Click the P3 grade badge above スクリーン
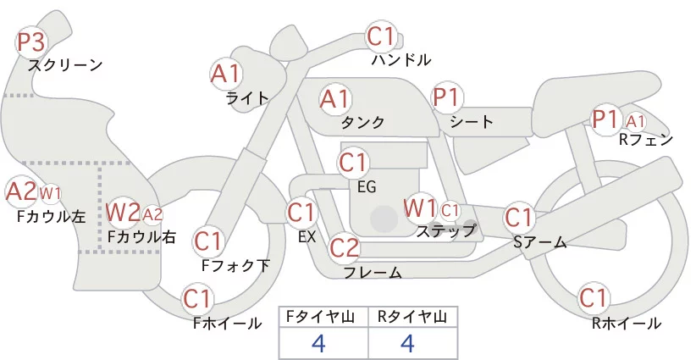(33, 42)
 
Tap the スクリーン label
(65, 64)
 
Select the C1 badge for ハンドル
(381, 37)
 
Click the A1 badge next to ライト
(225, 74)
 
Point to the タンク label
(362, 123)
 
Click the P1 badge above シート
(445, 97)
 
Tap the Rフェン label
(646, 140)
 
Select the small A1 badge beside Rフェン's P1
(636, 120)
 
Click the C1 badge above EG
(354, 162)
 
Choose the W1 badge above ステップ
(420, 208)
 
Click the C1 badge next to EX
(302, 212)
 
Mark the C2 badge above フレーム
(345, 248)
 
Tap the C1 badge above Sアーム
(519, 217)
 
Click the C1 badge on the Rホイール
(594, 299)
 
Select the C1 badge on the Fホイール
(198, 299)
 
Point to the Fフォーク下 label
(235, 265)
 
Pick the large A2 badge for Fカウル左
(20, 191)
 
